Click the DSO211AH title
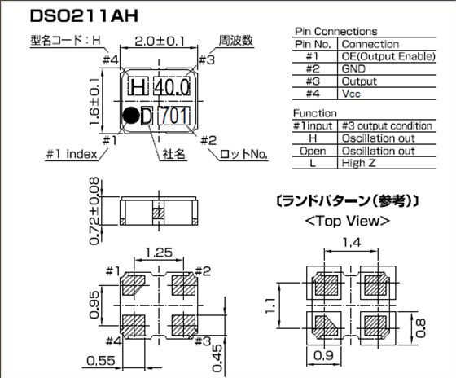pos(84,16)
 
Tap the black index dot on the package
pos(131,115)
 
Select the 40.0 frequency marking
pos(172,86)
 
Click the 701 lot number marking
pos(174,116)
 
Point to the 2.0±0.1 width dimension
pos(160,42)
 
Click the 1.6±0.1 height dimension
pos(94,102)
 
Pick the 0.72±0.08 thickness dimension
pos(94,211)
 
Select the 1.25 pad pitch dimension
pos(159,253)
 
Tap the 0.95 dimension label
pos(94,305)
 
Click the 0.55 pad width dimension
pos(101,361)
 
